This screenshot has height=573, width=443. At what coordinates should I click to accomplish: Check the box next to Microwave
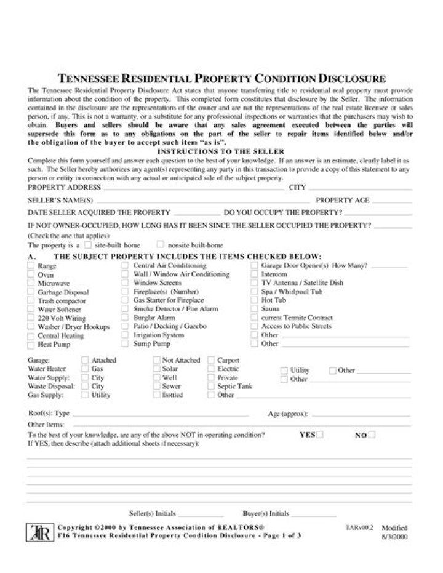[x=31, y=283]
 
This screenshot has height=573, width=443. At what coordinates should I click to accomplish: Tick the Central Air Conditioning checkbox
[x=126, y=265]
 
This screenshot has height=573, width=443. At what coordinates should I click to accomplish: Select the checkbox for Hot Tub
[x=255, y=300]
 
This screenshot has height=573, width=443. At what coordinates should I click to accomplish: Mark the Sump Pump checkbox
[x=126, y=343]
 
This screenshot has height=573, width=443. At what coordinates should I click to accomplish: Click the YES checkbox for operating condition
[x=320, y=435]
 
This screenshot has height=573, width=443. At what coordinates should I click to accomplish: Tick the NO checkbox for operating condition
[x=372, y=435]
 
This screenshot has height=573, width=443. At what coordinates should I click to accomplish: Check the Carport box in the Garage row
[x=211, y=360]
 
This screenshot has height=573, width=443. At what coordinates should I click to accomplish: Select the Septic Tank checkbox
[x=211, y=386]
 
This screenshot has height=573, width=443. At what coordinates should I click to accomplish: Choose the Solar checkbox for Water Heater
[x=156, y=369]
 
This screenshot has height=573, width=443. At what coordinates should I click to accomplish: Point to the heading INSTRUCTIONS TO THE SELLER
[x=221, y=151]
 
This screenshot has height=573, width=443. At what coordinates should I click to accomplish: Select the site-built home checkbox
[x=88, y=244]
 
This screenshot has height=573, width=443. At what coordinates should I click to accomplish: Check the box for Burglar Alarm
[x=126, y=318]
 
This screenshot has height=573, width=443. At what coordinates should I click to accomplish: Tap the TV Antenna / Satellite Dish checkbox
[x=255, y=282]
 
